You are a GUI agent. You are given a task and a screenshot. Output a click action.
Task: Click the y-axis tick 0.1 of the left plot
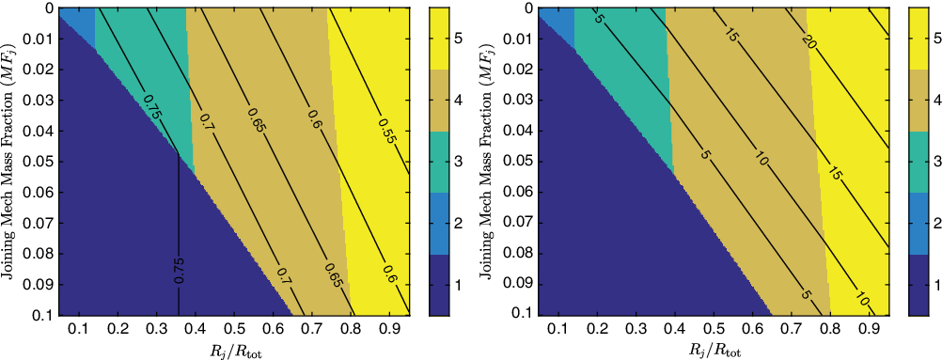point(40,314)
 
